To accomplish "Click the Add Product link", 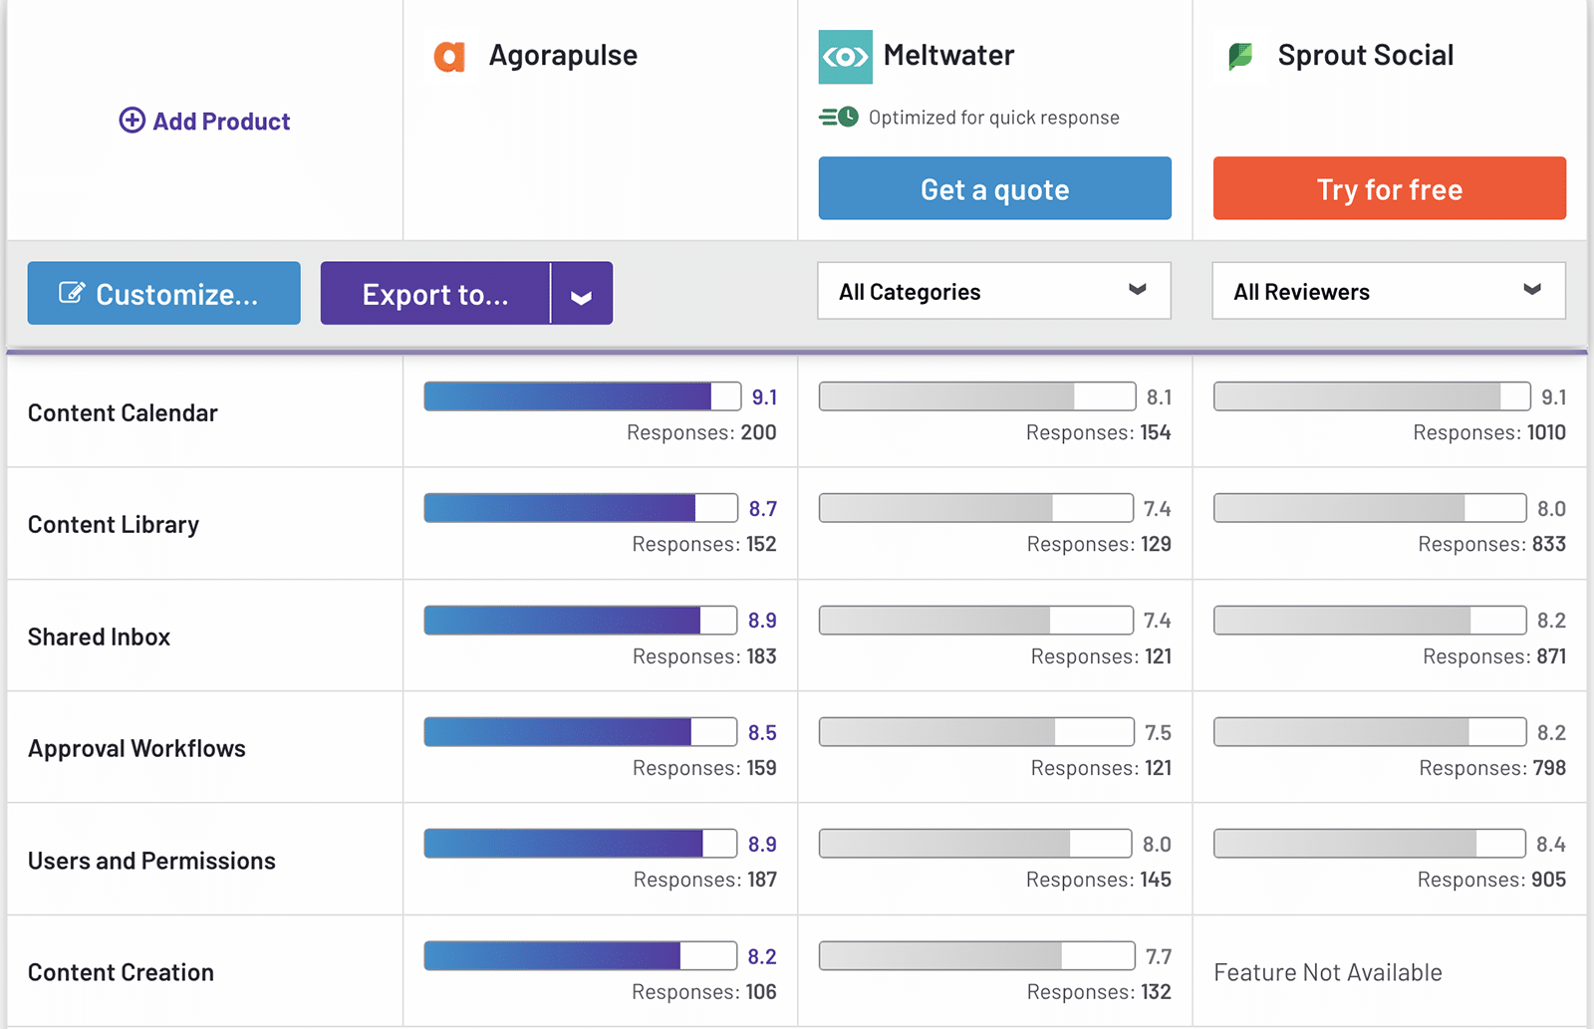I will [x=204, y=122].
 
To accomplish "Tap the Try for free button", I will [x=1389, y=188].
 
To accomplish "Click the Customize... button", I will [x=163, y=294].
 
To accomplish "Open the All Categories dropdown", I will [x=993, y=291].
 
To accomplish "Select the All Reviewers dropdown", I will [x=1388, y=291].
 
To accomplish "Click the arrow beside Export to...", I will [x=582, y=295].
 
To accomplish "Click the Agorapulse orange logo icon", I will [x=449, y=56].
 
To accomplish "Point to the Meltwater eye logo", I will [x=845, y=57].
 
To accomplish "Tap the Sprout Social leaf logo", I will [x=1240, y=56].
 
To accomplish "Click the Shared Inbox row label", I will [x=99, y=637].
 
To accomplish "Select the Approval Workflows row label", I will [x=136, y=748].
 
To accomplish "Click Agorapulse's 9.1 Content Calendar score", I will [x=764, y=397].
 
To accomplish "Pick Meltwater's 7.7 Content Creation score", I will [x=1158, y=956].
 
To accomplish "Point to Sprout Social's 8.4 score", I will [x=1550, y=845].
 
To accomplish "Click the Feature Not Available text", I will [x=1327, y=972].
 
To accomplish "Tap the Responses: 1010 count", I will [x=1488, y=432].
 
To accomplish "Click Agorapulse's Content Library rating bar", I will [x=580, y=508].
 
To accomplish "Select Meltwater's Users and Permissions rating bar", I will [x=974, y=844].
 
